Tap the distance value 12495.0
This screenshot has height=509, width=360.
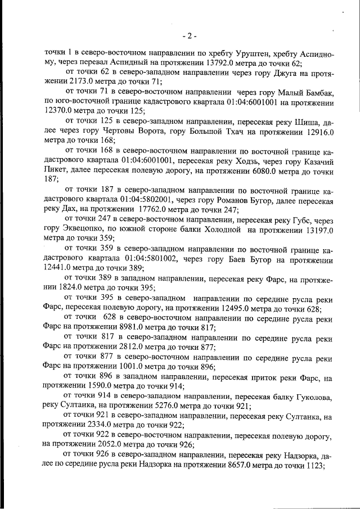pyautogui.click(x=231, y=309)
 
